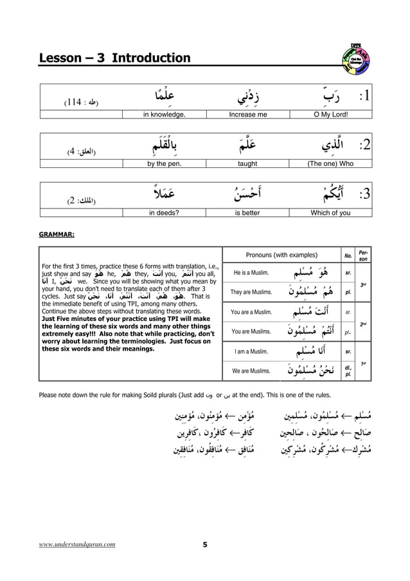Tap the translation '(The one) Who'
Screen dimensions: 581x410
coord(327,164)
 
